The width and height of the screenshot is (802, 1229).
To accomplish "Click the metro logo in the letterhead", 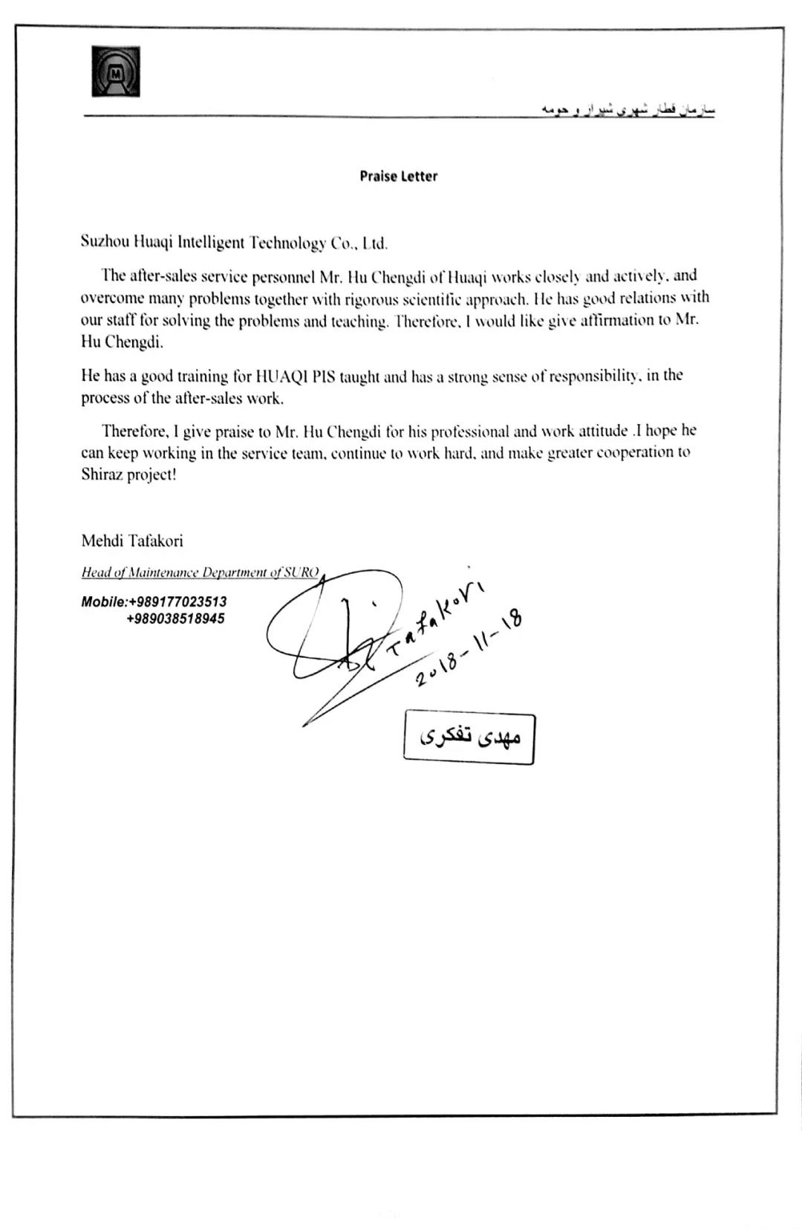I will tap(115, 72).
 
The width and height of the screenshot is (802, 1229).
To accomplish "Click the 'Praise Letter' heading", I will tap(399, 177).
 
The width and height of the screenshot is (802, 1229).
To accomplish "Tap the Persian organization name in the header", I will tap(627, 110).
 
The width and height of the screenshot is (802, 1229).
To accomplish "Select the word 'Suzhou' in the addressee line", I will tap(105, 242).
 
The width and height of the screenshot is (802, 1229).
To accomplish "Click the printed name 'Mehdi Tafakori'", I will tap(132, 541).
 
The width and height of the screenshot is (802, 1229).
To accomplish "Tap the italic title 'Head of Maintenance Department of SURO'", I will tap(200, 573).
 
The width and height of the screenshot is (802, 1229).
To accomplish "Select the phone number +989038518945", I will tap(176, 619).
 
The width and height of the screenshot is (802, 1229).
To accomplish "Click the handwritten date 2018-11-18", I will tap(469, 646).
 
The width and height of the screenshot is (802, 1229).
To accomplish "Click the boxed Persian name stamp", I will tap(469, 738).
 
